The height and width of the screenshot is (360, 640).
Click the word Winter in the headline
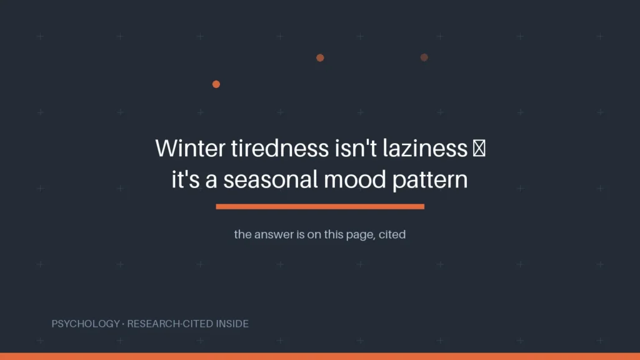tap(190, 147)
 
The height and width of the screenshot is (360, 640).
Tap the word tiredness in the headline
tap(280, 147)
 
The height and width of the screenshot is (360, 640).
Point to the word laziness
tap(425, 147)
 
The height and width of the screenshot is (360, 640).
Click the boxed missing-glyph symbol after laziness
tap(479, 148)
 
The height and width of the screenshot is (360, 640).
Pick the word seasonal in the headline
tap(271, 179)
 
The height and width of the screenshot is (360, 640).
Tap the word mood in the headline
tap(355, 179)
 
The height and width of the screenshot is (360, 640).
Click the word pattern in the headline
tap(430, 181)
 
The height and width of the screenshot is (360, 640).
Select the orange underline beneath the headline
tap(320, 206)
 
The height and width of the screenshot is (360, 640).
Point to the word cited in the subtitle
tap(392, 234)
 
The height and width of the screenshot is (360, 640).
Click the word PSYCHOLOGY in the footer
tap(86, 324)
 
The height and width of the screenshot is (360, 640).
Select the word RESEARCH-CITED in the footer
tap(170, 324)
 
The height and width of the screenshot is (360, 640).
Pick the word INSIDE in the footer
tap(232, 324)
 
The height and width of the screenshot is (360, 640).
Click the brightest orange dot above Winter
tap(216, 84)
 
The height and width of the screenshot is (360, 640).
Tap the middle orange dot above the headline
tap(320, 58)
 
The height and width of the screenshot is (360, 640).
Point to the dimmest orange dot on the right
tap(424, 57)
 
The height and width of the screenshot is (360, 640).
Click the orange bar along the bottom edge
tap(320, 356)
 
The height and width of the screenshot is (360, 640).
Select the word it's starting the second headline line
tap(186, 179)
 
